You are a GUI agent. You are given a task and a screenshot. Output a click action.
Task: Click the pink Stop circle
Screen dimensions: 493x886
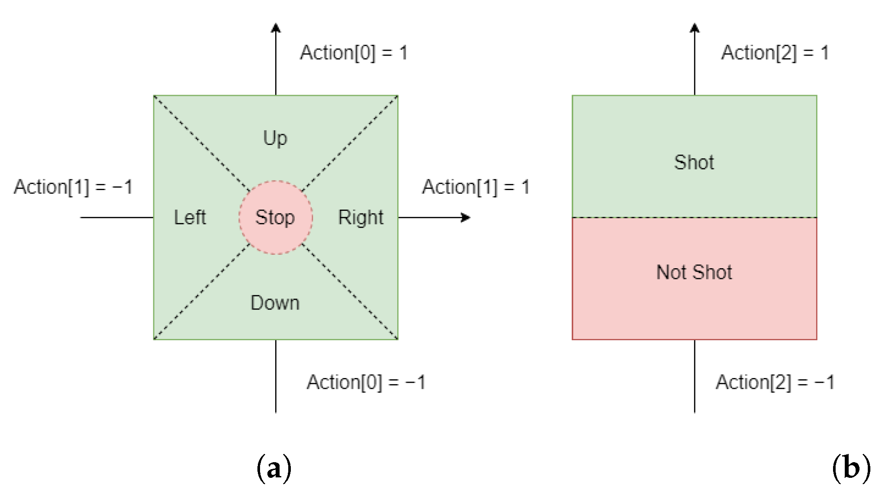click(x=275, y=217)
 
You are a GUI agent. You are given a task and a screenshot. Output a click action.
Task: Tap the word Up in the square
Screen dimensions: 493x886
click(x=275, y=138)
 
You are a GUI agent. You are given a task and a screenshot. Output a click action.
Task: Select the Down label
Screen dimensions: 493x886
click(x=275, y=302)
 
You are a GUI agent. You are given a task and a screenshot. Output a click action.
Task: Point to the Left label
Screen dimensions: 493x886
click(x=190, y=217)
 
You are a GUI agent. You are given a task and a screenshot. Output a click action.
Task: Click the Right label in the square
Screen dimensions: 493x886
click(x=361, y=217)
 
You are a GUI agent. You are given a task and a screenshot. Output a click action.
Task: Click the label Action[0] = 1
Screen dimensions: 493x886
click(x=354, y=53)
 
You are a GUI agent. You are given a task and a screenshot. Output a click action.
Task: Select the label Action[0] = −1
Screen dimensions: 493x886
click(x=366, y=382)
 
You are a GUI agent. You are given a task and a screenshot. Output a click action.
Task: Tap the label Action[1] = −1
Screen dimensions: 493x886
click(x=73, y=187)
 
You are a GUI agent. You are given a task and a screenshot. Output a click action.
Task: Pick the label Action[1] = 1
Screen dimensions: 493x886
click(x=476, y=187)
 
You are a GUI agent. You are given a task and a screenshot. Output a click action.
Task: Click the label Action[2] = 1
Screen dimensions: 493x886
click(x=775, y=53)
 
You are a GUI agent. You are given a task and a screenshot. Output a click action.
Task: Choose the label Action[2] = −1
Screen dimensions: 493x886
click(x=775, y=382)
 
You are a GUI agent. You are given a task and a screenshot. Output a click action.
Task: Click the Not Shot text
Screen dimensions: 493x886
click(x=694, y=273)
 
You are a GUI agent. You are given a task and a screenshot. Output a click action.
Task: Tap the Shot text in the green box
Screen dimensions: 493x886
click(x=694, y=162)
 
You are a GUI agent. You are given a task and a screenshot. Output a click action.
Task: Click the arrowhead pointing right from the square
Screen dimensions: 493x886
click(x=466, y=217)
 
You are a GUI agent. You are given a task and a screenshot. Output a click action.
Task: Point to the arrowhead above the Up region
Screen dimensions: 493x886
click(x=276, y=28)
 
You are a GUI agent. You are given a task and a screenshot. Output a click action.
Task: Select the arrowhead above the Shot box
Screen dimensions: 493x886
click(x=695, y=28)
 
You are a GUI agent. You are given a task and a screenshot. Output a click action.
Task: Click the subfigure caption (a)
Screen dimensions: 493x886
click(x=274, y=468)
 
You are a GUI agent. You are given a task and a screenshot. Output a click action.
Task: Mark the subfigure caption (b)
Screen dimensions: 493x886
click(x=851, y=468)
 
